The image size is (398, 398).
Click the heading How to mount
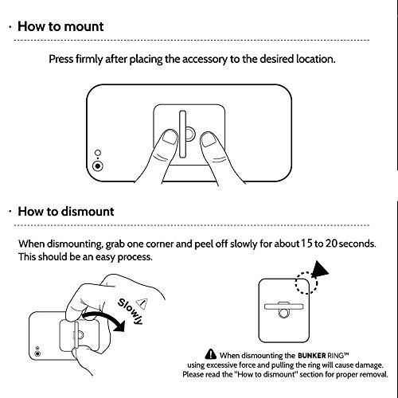[60, 27]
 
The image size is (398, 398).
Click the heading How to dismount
[66, 212]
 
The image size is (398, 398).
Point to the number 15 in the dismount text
[306, 244]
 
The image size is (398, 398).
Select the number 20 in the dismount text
[331, 244]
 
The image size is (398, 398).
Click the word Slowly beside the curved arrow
[131, 311]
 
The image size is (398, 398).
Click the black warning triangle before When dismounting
[211, 354]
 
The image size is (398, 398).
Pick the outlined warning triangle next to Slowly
[142, 303]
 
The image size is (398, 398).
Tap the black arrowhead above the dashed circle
[320, 270]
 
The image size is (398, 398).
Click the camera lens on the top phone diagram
[98, 166]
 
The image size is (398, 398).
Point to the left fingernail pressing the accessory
[169, 137]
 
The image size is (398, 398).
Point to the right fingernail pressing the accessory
[209, 140]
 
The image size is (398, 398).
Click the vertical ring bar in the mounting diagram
[182, 135]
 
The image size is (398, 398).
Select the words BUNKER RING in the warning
[323, 355]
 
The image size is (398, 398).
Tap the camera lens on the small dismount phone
[37, 354]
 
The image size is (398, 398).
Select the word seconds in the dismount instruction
[357, 244]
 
